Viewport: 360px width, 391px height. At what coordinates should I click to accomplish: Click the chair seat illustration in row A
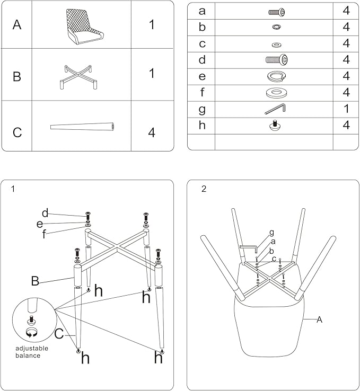tap(82, 24)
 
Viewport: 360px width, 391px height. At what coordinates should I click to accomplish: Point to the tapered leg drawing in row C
tap(83, 127)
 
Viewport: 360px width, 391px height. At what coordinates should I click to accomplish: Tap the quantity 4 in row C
tap(152, 132)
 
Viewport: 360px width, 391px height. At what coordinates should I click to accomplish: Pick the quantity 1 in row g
tap(346, 109)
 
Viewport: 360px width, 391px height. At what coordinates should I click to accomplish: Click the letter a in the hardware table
tap(201, 11)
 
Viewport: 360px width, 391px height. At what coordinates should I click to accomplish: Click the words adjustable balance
tap(32, 352)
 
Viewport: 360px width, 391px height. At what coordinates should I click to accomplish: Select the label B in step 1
tap(35, 281)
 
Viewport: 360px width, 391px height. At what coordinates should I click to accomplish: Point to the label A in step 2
tap(319, 319)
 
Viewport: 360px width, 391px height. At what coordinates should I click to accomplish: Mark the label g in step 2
tap(271, 232)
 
